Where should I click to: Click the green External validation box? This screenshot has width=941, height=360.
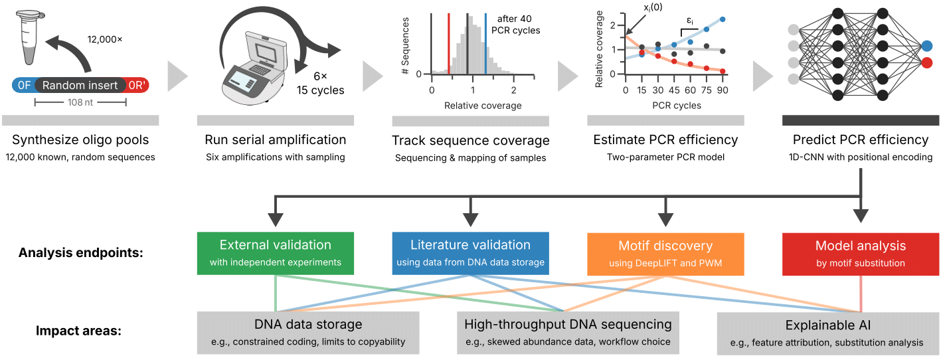(x=275, y=253)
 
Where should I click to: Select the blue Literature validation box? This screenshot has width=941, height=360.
(x=470, y=253)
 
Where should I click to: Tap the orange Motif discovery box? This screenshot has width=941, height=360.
(x=665, y=253)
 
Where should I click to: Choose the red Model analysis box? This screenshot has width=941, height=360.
(x=861, y=253)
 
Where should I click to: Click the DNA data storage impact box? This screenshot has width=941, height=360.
(x=308, y=332)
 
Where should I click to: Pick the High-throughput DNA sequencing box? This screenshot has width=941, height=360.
(x=568, y=332)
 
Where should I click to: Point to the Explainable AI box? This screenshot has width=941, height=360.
(x=828, y=332)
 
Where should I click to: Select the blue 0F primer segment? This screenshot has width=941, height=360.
(x=24, y=85)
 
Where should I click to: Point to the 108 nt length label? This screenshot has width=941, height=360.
(x=80, y=102)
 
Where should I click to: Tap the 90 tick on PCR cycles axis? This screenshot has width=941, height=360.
(x=723, y=90)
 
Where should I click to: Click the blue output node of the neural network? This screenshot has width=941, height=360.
(x=926, y=46)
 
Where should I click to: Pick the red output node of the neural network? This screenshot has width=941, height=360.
(x=926, y=62)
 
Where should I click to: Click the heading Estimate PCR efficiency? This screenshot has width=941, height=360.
(x=665, y=140)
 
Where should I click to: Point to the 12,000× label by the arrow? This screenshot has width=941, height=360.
(x=105, y=40)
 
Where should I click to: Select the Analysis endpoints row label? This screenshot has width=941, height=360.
(x=82, y=253)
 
